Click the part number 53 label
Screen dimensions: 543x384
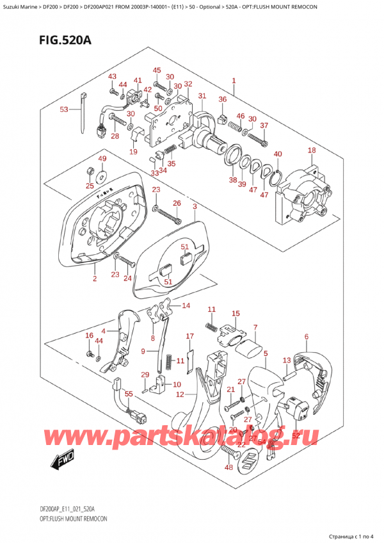[x=64, y=109]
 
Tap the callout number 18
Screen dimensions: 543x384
[x=312, y=150]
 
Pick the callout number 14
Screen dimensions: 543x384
[x=186, y=305]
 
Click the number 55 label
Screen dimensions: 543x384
[x=129, y=395]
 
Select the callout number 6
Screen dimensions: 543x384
[x=307, y=337]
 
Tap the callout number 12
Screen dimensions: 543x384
[x=180, y=394]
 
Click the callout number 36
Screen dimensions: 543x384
[x=223, y=99]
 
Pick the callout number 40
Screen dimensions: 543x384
[x=277, y=154]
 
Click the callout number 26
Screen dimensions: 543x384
[x=177, y=204]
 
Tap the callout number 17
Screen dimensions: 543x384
[x=189, y=336]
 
